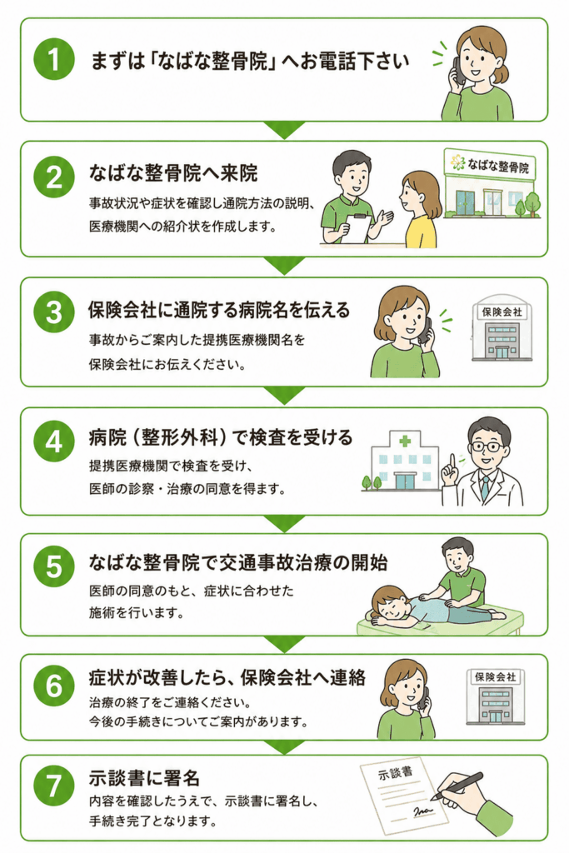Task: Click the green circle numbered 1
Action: click(x=54, y=59)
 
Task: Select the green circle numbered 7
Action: click(x=54, y=786)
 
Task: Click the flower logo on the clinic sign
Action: click(x=457, y=162)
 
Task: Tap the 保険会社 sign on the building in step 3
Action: click(x=502, y=312)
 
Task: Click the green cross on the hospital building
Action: click(x=404, y=441)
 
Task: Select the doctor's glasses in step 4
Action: click(x=487, y=447)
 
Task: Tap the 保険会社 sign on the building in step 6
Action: click(x=495, y=677)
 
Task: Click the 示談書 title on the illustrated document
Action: click(x=396, y=772)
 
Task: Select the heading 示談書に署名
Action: click(x=144, y=777)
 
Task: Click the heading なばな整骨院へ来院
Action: click(x=173, y=173)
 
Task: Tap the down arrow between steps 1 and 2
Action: click(x=284, y=129)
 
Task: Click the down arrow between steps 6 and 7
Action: click(x=284, y=746)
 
